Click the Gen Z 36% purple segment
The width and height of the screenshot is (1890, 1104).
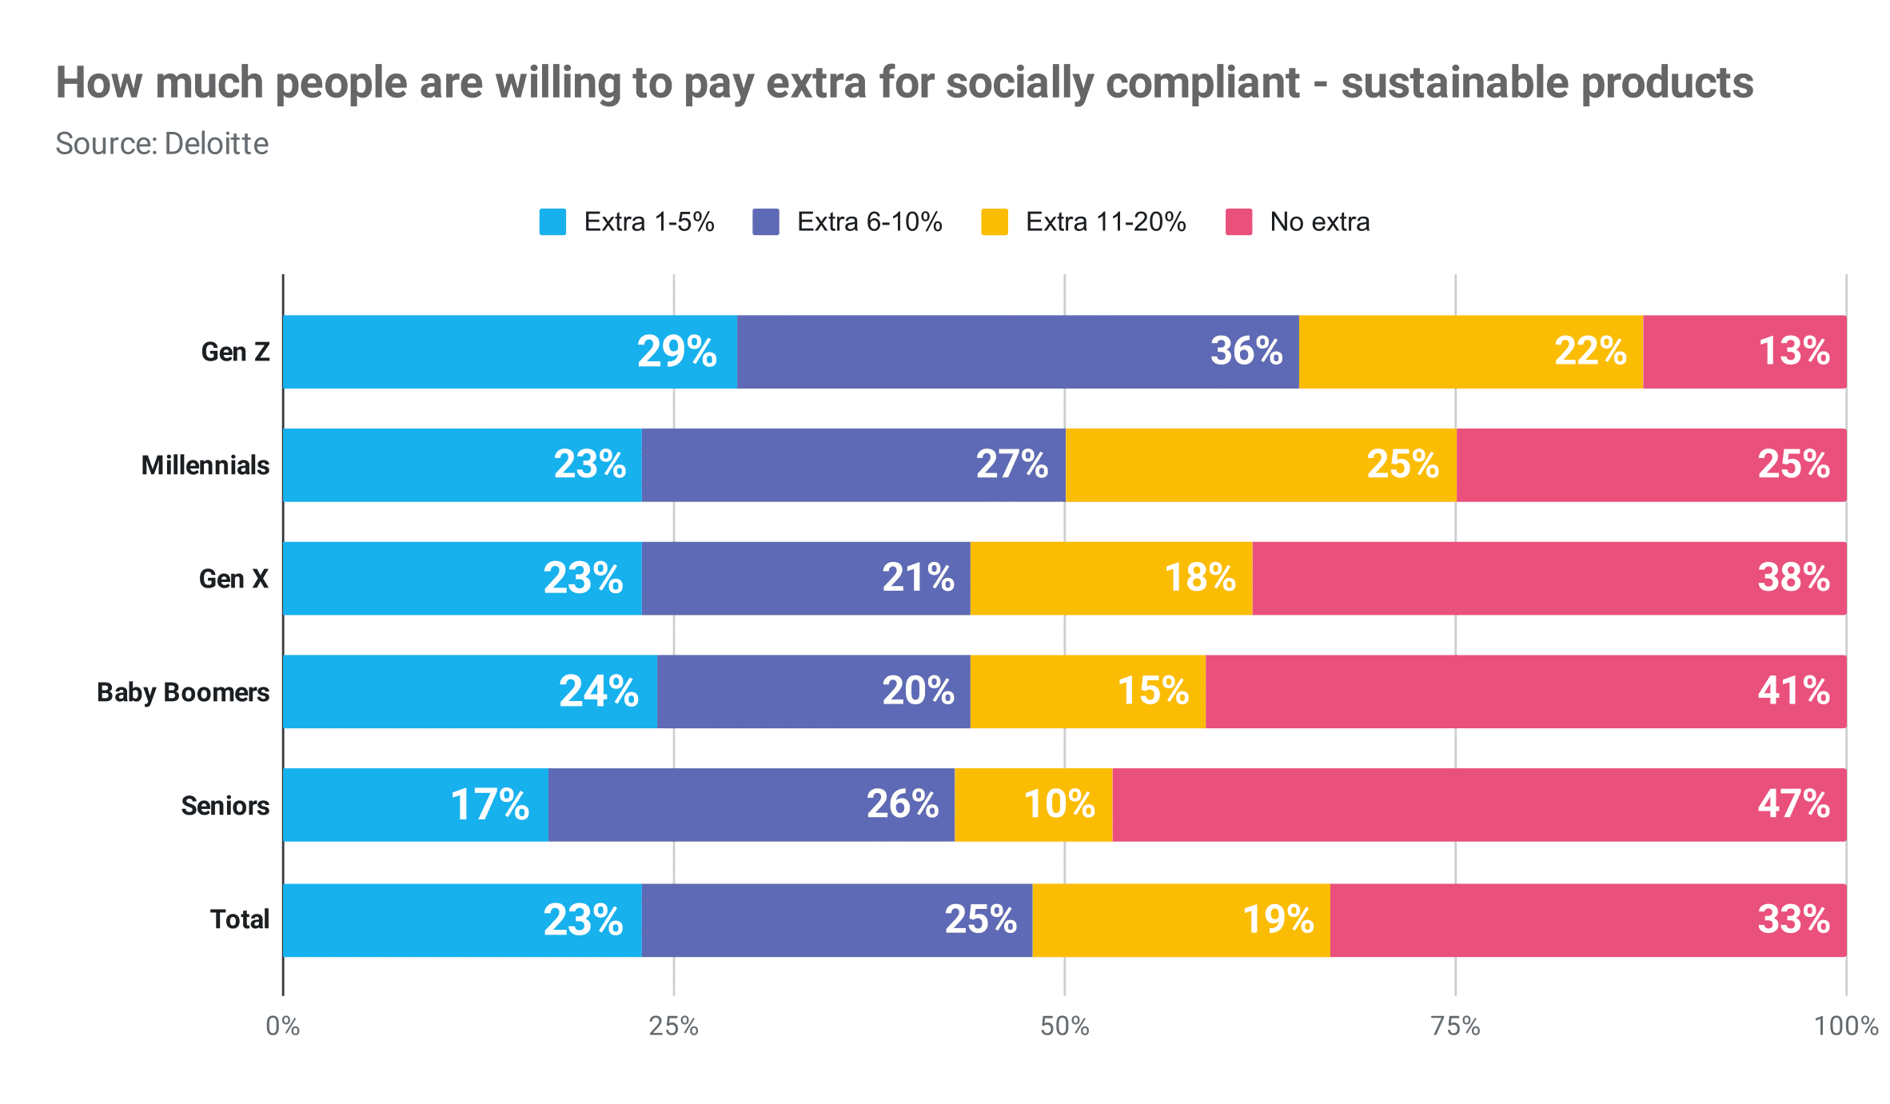point(1017,352)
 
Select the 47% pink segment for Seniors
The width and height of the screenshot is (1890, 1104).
point(1479,805)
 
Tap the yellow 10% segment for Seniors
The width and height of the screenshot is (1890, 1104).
point(1033,805)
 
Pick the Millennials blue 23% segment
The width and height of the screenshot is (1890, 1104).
point(462,465)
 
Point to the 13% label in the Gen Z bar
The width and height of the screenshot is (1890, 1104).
point(1793,352)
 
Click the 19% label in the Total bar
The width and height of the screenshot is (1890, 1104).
point(1278,919)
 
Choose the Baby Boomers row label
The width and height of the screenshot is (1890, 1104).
point(183,692)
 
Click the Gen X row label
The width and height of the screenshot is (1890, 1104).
point(233,579)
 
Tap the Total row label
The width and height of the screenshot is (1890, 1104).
point(239,919)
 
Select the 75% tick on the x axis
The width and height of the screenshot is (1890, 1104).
point(1455,1026)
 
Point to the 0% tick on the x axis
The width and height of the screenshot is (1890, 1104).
point(283,1026)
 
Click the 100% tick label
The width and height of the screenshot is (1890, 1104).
point(1845,1026)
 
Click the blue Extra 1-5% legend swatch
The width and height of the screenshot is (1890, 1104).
point(552,222)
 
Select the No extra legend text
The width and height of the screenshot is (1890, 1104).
point(1319,222)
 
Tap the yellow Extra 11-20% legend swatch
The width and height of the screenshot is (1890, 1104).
point(995,222)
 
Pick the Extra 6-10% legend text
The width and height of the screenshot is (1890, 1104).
point(869,222)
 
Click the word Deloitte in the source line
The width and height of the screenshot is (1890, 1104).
point(216,144)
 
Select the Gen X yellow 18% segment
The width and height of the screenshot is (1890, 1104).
point(1110,579)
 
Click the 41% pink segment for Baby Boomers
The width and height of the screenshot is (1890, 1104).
point(1525,692)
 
